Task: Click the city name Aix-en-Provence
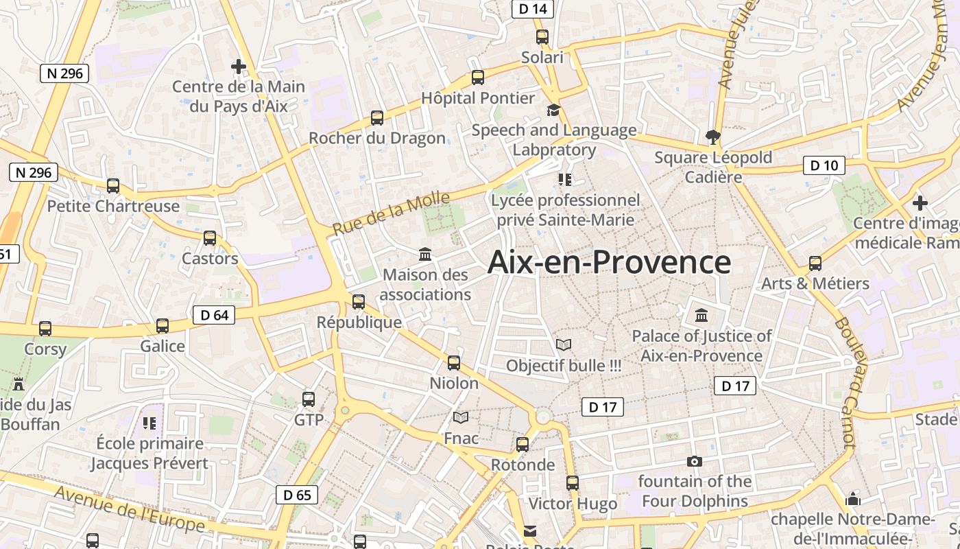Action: [609, 263]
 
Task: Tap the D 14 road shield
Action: [533, 9]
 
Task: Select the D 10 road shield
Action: [824, 165]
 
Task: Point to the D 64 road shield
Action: [214, 315]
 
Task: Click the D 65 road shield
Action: [297, 495]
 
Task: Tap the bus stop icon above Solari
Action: [542, 37]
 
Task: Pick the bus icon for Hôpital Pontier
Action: [478, 78]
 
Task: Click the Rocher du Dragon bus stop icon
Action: [377, 118]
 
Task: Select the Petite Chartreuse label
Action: [113, 206]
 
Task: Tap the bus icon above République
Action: [359, 301]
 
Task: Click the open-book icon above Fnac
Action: [461, 417]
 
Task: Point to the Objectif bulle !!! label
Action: [564, 366]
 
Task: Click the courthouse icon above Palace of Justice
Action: [701, 316]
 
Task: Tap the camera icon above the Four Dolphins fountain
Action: [695, 461]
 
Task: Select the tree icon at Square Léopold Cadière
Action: [713, 137]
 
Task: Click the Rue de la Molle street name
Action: [392, 213]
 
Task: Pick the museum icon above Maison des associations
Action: [425, 255]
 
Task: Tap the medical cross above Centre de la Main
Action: [239, 67]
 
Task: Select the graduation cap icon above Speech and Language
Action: [553, 110]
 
